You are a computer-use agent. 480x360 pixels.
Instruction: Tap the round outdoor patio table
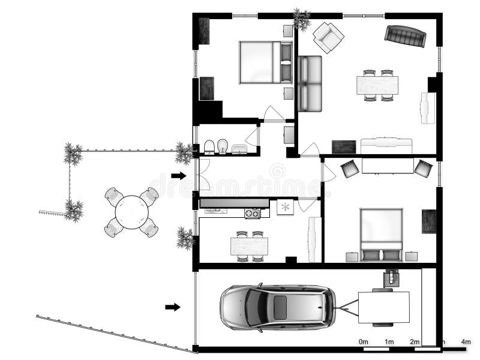coord(131,212)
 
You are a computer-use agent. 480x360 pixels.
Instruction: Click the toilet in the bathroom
coord(209,147)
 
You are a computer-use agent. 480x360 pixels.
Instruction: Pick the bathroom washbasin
coord(239,149)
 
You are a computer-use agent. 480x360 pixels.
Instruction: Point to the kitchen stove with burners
coord(253,212)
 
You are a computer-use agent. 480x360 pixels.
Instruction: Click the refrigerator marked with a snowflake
coord(285,208)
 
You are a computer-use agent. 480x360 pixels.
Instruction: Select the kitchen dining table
coord(249,246)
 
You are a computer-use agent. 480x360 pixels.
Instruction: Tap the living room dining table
coord(377,85)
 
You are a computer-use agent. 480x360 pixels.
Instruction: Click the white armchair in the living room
coord(328,37)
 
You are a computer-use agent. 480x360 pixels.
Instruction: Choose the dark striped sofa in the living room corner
coord(406,36)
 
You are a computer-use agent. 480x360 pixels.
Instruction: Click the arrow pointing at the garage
coord(173,307)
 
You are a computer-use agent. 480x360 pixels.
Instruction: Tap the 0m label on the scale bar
coord(364,341)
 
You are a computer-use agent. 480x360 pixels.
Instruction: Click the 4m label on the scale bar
coord(466,341)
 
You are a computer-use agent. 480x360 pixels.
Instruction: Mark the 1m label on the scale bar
coord(389,341)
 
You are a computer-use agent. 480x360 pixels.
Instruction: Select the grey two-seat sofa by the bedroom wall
coord(310,83)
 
